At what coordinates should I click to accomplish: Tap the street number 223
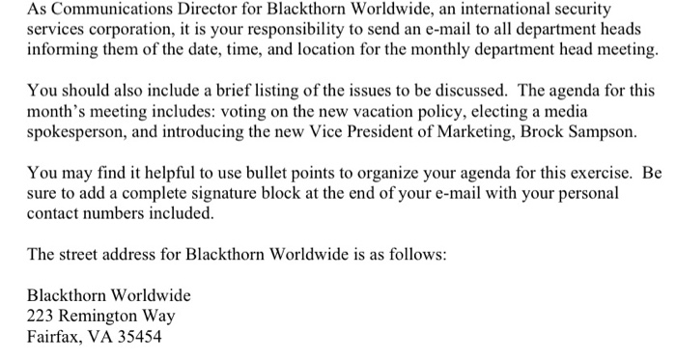41,317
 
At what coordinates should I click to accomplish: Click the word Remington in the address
101,317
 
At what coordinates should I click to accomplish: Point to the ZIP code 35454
139,338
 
